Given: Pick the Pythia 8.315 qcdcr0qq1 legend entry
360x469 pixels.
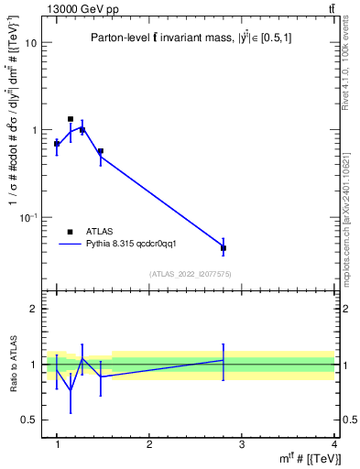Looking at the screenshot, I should [110, 245].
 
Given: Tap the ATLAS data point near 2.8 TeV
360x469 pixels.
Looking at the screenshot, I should [224, 248].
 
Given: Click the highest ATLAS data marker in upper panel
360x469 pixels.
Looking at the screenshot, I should [71, 119].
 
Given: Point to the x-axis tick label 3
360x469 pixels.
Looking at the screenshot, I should [242, 444].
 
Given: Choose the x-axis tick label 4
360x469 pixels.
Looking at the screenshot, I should [333, 444].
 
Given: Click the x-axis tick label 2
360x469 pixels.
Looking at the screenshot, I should [149, 444].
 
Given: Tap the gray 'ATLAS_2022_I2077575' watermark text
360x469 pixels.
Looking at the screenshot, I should [191, 274].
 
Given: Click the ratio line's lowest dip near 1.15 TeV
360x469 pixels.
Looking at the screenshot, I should [71, 389].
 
